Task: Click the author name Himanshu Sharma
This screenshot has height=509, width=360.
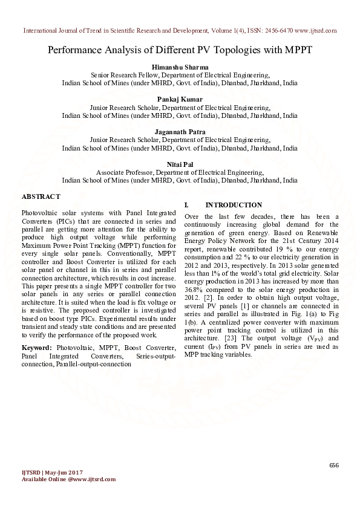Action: [180, 66]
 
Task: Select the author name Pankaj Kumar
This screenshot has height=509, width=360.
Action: [180, 99]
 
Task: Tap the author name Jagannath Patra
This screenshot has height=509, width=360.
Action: [180, 131]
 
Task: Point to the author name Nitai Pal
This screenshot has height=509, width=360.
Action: [180, 164]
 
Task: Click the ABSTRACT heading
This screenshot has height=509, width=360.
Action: [41, 196]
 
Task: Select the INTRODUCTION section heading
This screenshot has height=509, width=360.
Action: [234, 205]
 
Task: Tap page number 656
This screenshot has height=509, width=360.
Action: [334, 464]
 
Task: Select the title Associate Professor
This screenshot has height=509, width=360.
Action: [124, 172]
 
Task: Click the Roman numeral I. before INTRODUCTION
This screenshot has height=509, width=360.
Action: [187, 205]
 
